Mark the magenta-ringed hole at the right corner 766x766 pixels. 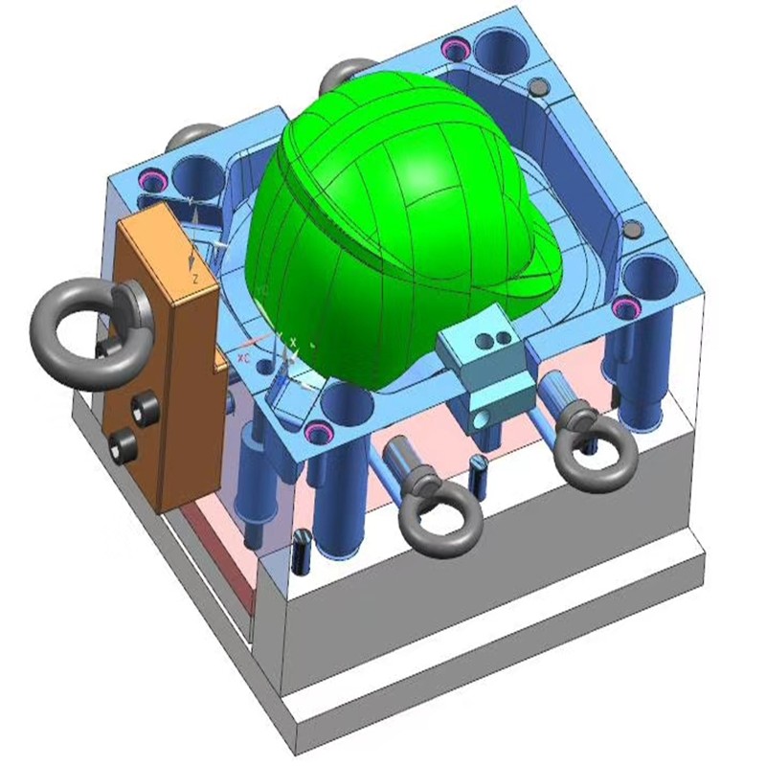click(x=628, y=307)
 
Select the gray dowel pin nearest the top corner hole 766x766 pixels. click(x=538, y=87)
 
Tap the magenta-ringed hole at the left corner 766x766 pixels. click(x=154, y=180)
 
